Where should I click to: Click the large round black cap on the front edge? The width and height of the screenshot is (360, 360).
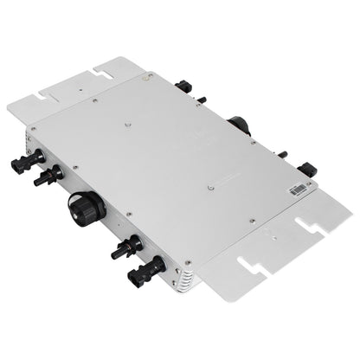pyautogui.click(x=87, y=209)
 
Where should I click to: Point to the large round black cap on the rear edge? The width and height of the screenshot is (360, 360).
pyautogui.click(x=239, y=125)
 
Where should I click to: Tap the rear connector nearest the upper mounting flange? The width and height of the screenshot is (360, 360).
pyautogui.click(x=184, y=87)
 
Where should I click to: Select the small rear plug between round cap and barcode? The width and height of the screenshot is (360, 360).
pyautogui.click(x=282, y=154)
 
